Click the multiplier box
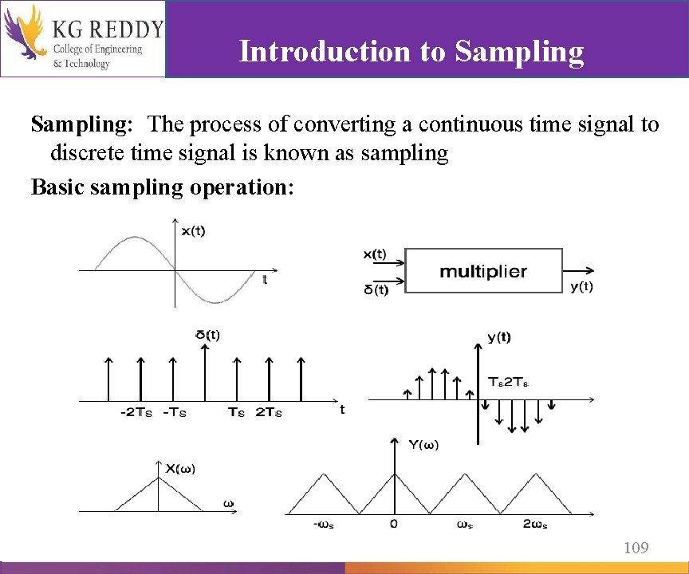(x=483, y=271)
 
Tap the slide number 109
(x=636, y=548)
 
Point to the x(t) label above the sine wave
(x=193, y=231)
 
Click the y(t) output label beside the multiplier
(x=581, y=287)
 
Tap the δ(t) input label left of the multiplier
(x=376, y=289)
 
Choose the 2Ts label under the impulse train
(x=269, y=412)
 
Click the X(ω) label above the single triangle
(x=180, y=469)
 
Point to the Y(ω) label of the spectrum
(x=423, y=445)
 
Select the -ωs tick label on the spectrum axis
(x=323, y=524)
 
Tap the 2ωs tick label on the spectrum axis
(x=536, y=524)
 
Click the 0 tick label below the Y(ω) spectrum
(x=394, y=524)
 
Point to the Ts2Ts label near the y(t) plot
(x=508, y=383)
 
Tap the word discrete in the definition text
(x=89, y=153)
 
